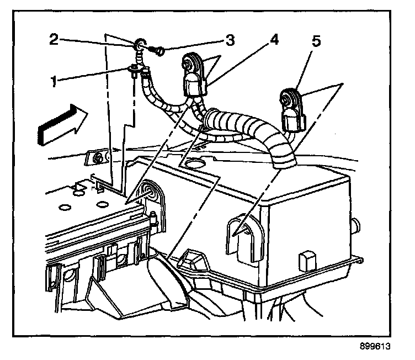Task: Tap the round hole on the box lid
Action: (x=195, y=163)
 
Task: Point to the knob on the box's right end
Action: (x=356, y=226)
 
